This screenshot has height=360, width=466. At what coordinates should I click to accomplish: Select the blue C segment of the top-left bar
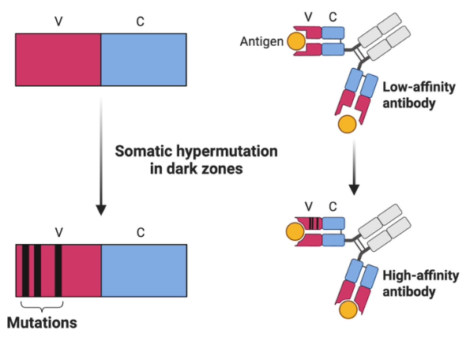tap(144, 59)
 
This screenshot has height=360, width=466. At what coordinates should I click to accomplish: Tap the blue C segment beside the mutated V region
tap(144, 270)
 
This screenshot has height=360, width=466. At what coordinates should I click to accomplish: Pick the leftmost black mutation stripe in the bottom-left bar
tap(25, 270)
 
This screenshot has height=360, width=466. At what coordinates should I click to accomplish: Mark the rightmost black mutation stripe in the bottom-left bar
tap(58, 270)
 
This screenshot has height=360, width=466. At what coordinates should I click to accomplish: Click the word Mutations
tap(42, 322)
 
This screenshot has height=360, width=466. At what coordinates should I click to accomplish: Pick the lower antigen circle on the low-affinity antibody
tap(346, 124)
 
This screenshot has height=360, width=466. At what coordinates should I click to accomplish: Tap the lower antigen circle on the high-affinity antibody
tap(346, 310)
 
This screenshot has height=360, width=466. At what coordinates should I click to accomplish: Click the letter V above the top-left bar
tap(58, 21)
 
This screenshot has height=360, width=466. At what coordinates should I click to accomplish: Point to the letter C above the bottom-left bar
tap(141, 233)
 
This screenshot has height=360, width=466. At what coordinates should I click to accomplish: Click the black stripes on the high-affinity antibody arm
tap(315, 223)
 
